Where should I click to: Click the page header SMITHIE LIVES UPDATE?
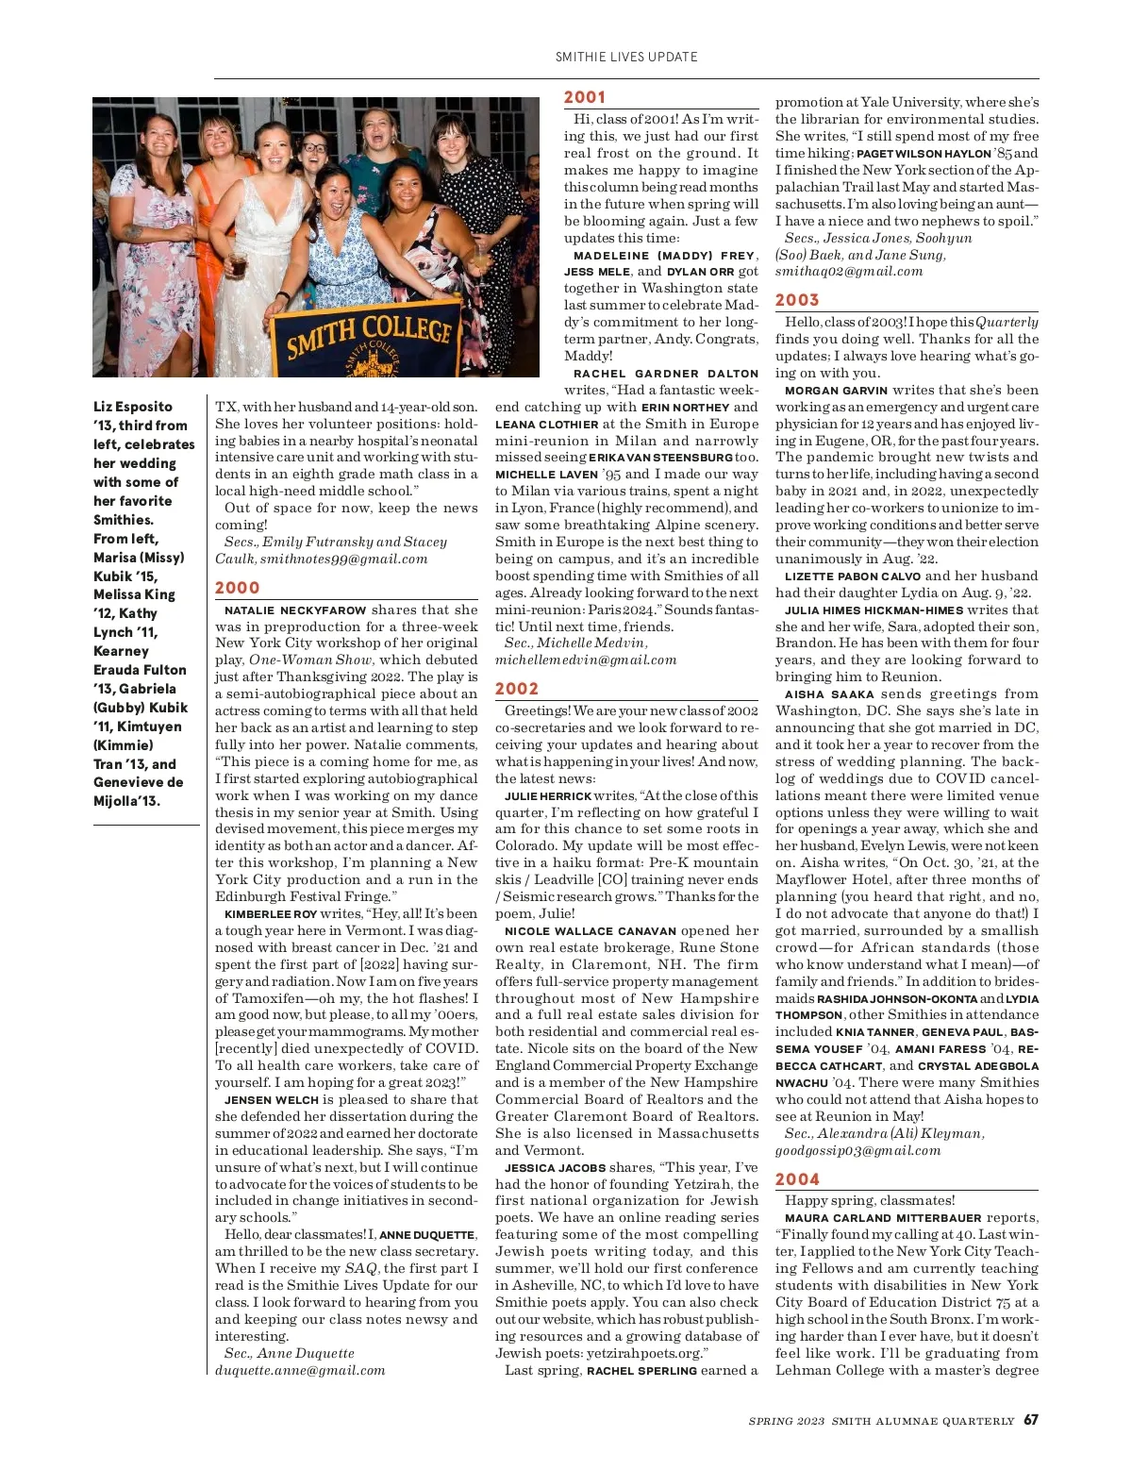(626, 57)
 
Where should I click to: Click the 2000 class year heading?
(237, 588)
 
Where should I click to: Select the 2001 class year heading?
(585, 97)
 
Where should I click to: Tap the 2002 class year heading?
(517, 690)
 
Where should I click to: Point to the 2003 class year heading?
(797, 300)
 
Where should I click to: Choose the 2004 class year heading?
(797, 1179)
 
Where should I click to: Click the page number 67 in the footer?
(1031, 1420)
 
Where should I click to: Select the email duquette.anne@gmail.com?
(300, 1370)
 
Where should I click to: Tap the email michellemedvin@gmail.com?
(586, 660)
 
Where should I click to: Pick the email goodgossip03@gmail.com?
(857, 1150)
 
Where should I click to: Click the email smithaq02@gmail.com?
(849, 272)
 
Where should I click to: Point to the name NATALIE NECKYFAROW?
(295, 610)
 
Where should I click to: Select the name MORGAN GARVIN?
(836, 391)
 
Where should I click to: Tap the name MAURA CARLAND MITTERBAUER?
(883, 1218)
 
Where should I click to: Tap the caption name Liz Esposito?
(133, 407)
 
